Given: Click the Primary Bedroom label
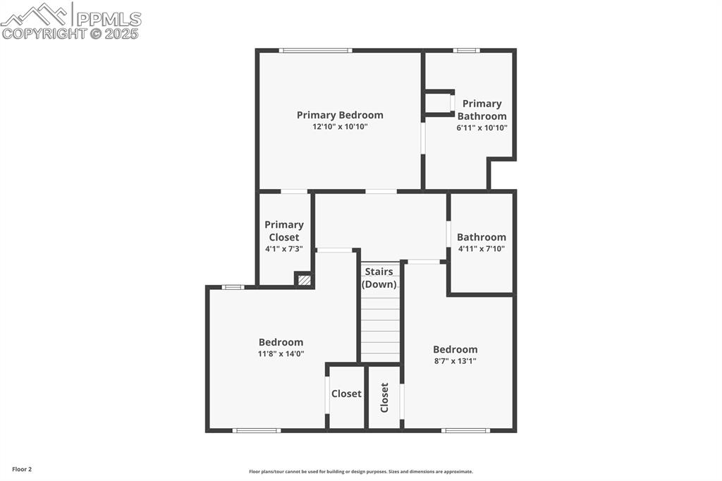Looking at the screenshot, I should (340, 115).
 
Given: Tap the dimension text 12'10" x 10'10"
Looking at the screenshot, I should (340, 127).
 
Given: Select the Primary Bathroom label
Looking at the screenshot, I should (482, 110).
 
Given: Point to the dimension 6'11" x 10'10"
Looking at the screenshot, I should (482, 128).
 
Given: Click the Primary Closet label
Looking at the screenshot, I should (284, 231).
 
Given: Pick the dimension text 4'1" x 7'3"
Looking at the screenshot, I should (284, 249).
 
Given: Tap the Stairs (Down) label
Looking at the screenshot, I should (379, 278).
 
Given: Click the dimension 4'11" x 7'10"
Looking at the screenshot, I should (482, 248).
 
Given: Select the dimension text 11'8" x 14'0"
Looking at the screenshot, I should (281, 354).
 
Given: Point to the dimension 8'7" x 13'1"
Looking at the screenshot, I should (455, 361).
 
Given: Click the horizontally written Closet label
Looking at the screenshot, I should (346, 394).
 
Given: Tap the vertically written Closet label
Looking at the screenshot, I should (384, 397).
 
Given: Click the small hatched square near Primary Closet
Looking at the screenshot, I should (303, 280).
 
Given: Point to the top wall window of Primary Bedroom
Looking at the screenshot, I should (315, 50).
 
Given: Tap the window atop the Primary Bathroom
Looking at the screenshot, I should (466, 50).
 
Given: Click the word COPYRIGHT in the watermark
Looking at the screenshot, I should (44, 33).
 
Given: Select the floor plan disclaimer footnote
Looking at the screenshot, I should (360, 472).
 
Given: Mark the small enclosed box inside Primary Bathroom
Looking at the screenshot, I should (439, 102).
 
